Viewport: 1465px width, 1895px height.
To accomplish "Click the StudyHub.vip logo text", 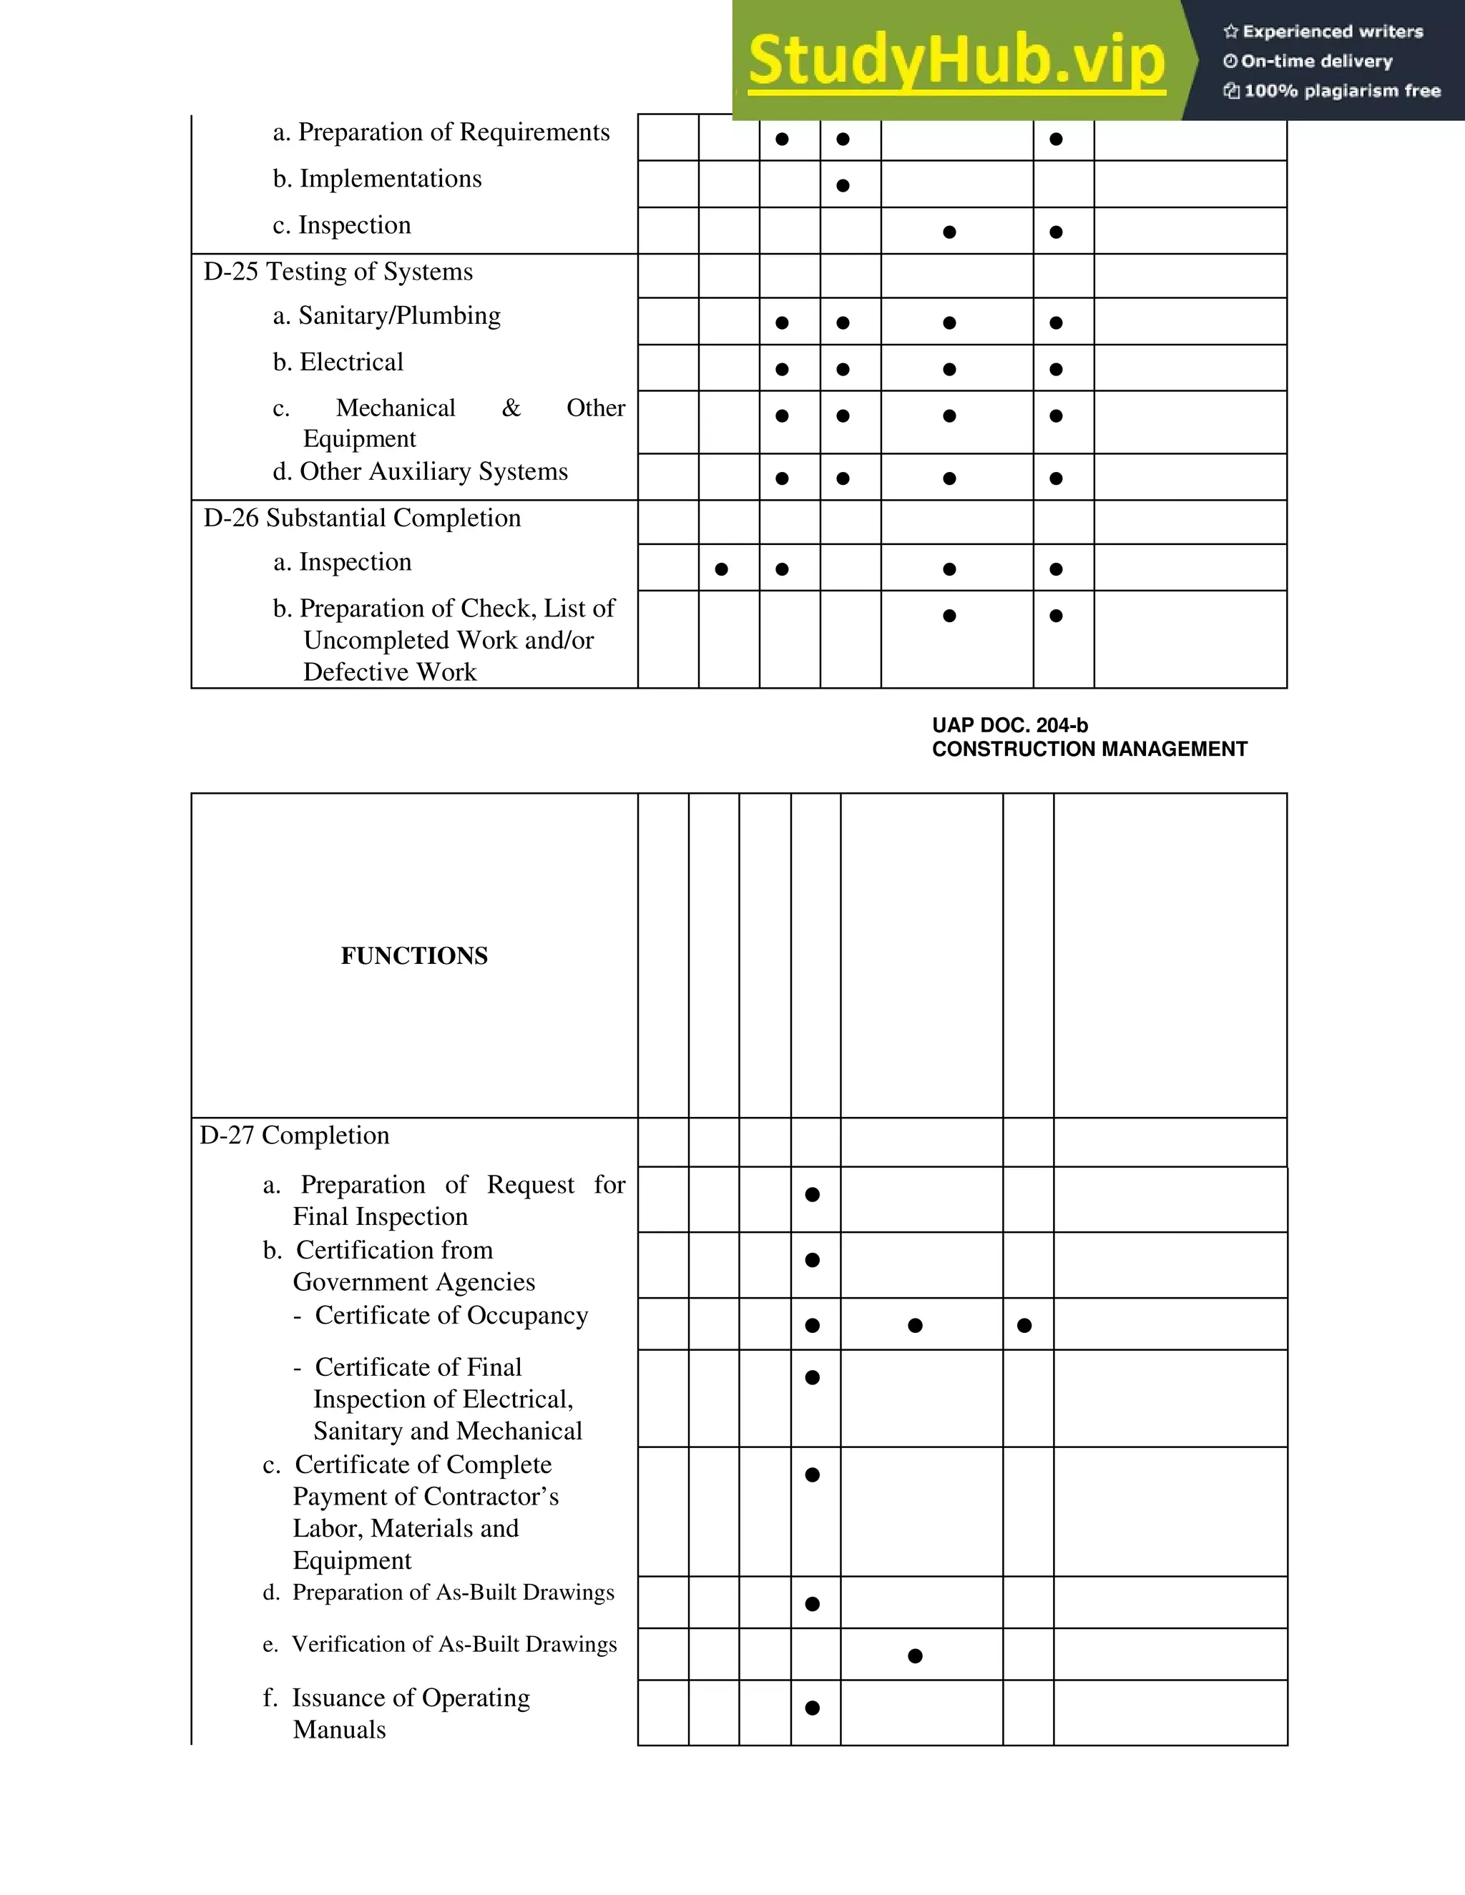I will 956,61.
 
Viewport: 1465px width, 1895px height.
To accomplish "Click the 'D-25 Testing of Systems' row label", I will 338,272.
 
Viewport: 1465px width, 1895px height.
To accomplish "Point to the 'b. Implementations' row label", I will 378,179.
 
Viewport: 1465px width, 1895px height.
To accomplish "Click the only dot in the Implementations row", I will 843,186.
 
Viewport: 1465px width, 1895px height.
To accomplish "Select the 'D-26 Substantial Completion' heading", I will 362,518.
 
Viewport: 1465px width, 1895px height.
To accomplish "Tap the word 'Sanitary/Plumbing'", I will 399,316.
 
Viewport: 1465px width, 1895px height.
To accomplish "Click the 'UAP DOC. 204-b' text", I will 1009,725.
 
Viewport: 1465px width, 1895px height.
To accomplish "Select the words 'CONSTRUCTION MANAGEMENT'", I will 1089,749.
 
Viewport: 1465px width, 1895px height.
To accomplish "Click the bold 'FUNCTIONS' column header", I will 414,956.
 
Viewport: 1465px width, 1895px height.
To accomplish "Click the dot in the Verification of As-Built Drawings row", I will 915,1656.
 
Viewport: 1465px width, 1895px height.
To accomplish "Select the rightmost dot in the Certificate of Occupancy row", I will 1024,1326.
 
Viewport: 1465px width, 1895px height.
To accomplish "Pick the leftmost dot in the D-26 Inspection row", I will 721,570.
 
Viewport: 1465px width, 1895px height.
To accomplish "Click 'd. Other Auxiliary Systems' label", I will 421,472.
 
